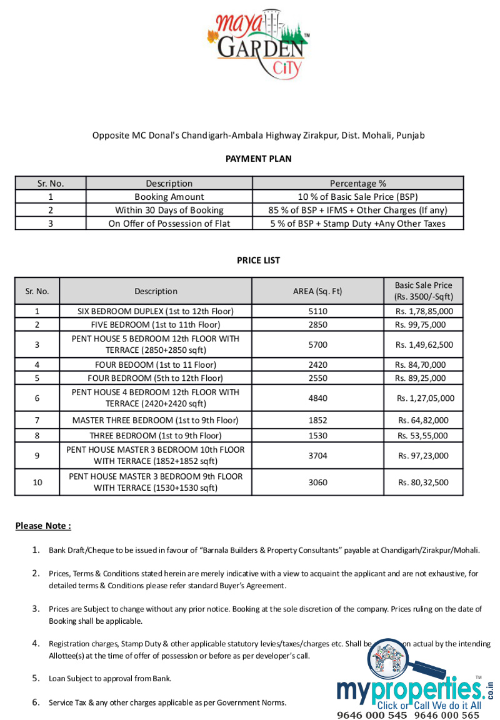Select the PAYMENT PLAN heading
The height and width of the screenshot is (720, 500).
[x=258, y=159]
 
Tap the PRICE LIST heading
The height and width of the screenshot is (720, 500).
[x=258, y=260]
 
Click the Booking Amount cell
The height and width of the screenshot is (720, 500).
[x=169, y=197]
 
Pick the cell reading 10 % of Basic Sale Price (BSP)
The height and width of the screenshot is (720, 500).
[x=357, y=197]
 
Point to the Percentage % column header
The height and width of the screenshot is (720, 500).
[x=357, y=183]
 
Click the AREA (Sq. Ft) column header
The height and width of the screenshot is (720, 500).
[x=317, y=291]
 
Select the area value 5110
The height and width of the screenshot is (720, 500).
[x=317, y=311]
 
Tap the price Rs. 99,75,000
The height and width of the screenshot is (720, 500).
[x=420, y=325]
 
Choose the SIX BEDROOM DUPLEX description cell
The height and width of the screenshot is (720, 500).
[x=155, y=311]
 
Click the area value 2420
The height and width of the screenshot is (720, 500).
[x=317, y=365]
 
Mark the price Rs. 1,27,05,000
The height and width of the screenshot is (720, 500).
[x=425, y=398]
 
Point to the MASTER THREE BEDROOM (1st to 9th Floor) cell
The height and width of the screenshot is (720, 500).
[x=155, y=420]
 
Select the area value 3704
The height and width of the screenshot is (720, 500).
[x=317, y=456]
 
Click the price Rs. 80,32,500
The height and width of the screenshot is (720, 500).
[x=423, y=483]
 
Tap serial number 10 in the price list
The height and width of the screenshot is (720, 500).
[x=37, y=483]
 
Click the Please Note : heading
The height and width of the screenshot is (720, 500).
[x=43, y=526]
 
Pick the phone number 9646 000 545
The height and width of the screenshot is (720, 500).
[x=372, y=715]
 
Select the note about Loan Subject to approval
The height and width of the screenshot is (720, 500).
[x=110, y=678]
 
